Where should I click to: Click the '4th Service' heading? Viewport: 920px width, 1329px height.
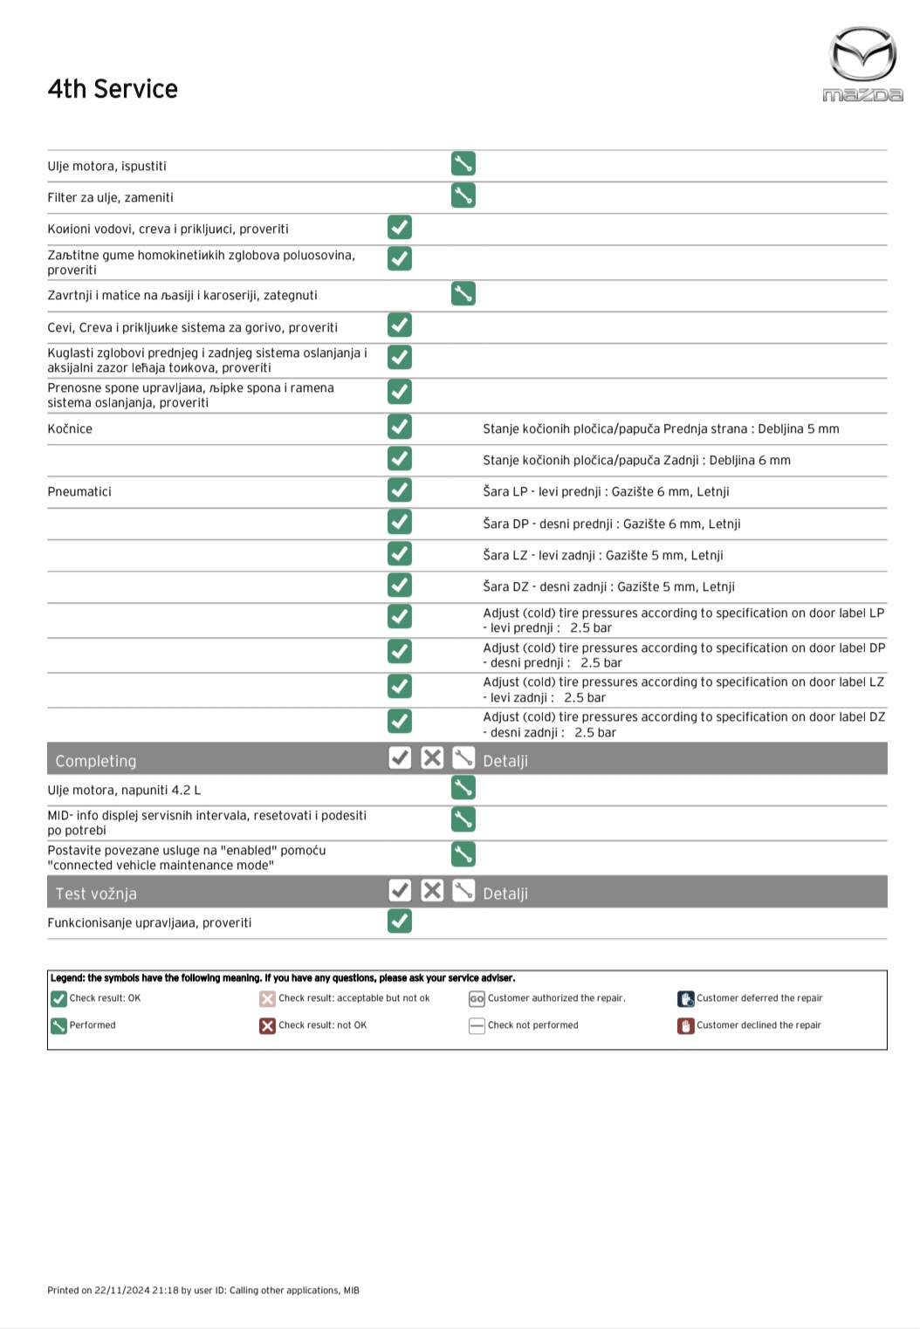click(113, 89)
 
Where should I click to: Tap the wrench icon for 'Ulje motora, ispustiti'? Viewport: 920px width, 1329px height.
click(463, 164)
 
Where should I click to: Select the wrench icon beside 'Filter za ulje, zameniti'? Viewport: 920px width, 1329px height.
click(463, 195)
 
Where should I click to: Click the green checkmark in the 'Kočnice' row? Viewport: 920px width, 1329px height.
click(400, 427)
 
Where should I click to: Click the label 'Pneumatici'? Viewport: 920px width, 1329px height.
click(79, 492)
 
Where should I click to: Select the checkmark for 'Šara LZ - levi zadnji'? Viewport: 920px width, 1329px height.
click(400, 554)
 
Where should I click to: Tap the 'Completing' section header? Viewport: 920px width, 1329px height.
click(96, 761)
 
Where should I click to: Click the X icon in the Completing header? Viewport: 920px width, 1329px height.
click(432, 758)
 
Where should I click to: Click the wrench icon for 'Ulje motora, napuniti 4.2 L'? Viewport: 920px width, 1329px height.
click(463, 788)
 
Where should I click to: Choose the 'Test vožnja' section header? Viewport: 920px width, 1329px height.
click(96, 894)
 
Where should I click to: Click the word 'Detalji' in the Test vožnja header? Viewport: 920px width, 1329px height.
click(505, 894)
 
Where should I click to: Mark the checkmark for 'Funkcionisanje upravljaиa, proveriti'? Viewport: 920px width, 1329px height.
click(400, 921)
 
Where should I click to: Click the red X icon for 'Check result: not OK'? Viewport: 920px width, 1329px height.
click(267, 1025)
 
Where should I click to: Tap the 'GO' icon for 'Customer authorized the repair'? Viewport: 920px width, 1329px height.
click(477, 998)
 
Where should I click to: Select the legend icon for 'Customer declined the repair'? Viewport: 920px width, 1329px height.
click(685, 1025)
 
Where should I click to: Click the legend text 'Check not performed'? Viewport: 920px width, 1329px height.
click(532, 1025)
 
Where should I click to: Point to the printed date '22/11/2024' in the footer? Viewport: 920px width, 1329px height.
click(122, 1291)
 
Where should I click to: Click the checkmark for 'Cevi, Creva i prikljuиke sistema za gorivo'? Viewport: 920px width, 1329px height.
click(400, 325)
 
